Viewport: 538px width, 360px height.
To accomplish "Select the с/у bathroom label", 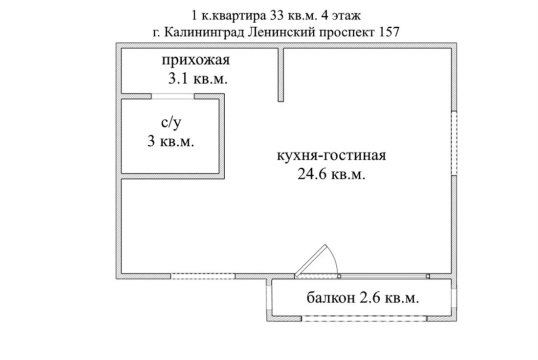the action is click(x=170, y=123).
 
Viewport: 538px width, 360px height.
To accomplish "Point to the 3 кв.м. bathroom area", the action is click(x=170, y=142).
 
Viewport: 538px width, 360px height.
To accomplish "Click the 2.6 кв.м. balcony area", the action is click(x=387, y=299).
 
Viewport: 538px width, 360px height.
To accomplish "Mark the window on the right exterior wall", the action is click(x=456, y=141).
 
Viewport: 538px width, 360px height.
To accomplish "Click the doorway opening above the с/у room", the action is click(x=171, y=97).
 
